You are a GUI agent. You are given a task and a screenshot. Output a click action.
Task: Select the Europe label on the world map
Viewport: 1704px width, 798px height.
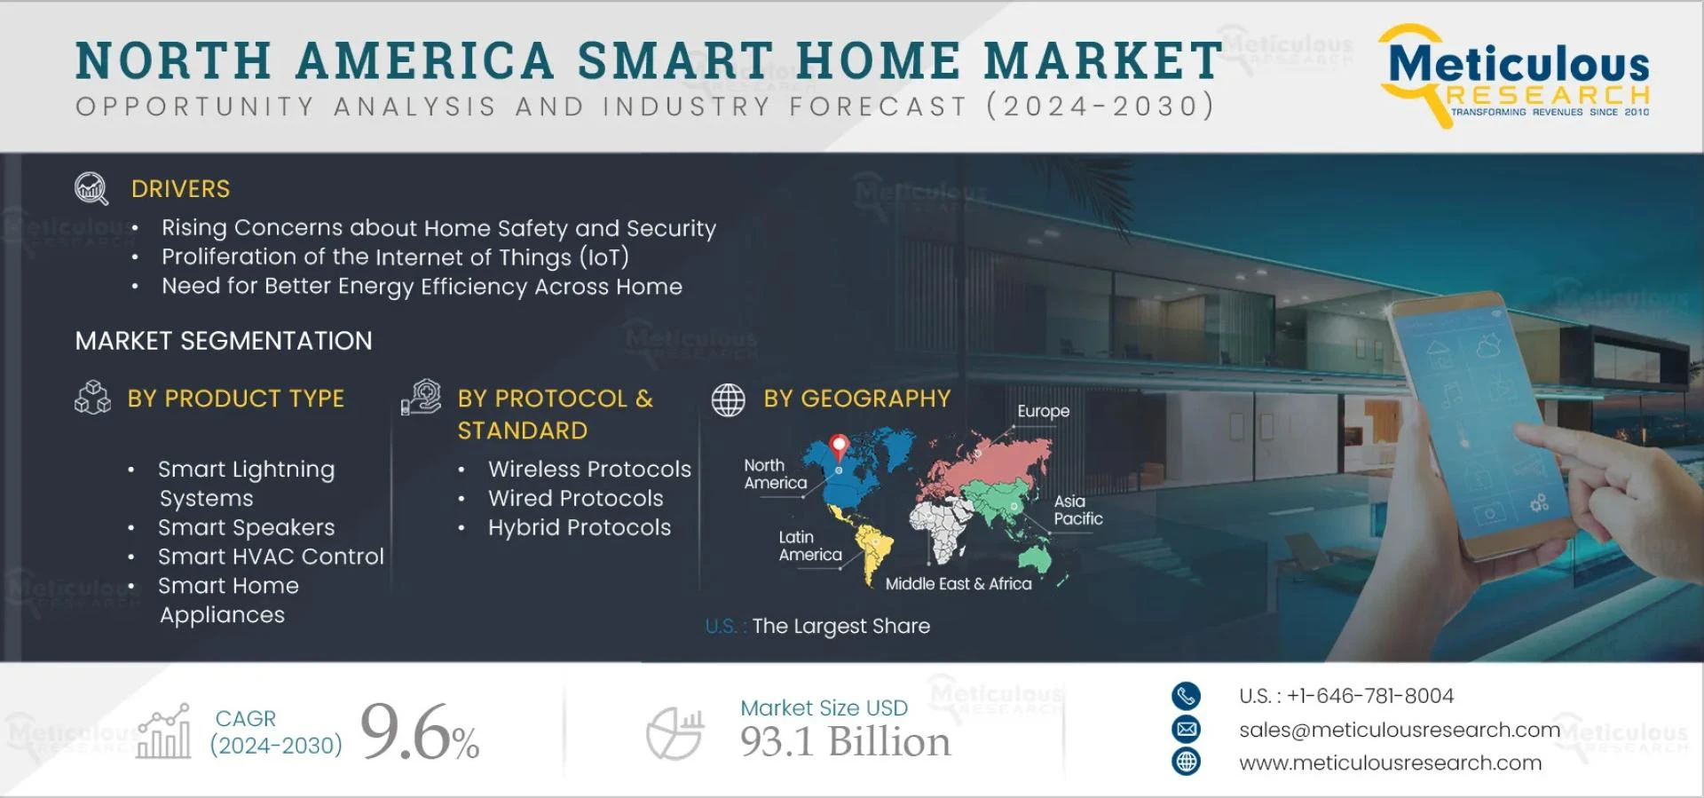(x=1043, y=411)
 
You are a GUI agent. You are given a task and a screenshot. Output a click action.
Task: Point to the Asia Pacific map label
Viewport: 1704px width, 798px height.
(x=1077, y=510)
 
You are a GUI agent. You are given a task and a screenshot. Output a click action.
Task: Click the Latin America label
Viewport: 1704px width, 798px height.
(x=809, y=546)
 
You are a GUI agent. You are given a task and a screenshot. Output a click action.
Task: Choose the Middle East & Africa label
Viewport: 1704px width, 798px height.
(x=958, y=583)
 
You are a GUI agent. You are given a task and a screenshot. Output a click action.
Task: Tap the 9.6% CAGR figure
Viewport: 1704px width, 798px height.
(x=419, y=732)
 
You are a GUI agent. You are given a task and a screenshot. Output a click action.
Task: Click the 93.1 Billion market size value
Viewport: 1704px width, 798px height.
(x=845, y=742)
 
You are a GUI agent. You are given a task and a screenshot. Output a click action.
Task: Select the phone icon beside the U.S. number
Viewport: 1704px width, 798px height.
(x=1186, y=696)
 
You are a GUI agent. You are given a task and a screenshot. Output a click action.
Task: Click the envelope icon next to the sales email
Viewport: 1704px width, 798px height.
(x=1186, y=730)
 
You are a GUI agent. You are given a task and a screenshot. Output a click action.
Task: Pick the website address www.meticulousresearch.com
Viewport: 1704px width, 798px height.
(x=1390, y=762)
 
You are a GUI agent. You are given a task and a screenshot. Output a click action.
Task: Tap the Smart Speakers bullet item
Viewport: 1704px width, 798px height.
(x=246, y=527)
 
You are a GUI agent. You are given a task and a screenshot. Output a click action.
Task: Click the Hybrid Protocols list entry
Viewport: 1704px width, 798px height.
(x=579, y=527)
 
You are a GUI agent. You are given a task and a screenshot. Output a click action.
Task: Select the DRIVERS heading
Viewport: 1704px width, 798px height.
(x=180, y=189)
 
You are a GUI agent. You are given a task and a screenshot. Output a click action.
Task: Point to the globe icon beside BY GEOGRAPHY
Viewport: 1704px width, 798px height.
(x=728, y=399)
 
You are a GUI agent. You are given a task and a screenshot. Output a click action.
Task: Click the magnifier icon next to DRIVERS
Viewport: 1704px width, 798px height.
(x=91, y=188)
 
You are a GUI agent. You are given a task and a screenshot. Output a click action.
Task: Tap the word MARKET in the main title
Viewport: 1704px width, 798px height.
(x=1103, y=60)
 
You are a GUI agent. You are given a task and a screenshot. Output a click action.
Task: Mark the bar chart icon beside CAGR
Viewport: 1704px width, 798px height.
(x=164, y=732)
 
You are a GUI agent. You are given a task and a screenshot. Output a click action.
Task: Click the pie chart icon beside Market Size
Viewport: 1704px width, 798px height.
(x=674, y=733)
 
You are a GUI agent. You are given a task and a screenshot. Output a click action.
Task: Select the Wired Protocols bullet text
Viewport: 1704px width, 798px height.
(x=575, y=498)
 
